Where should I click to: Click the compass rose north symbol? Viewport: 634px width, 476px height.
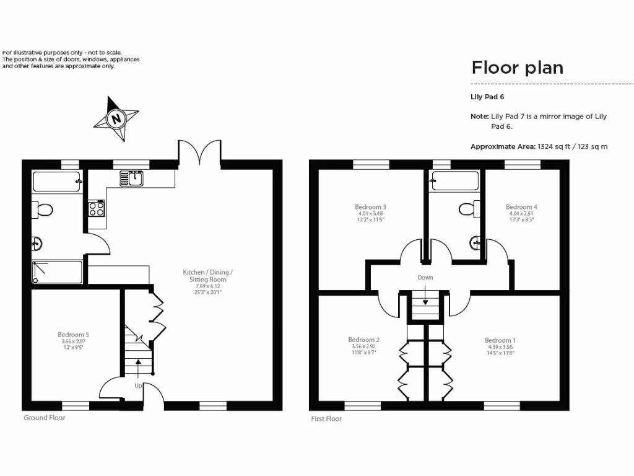click(x=116, y=118)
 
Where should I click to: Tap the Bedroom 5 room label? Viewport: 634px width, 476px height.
click(x=77, y=335)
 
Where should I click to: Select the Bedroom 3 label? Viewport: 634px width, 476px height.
click(x=371, y=207)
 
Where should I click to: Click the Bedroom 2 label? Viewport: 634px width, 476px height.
click(x=363, y=340)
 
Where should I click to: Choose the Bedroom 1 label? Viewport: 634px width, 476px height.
click(x=500, y=340)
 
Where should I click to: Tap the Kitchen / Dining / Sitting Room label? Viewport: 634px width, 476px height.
click(x=208, y=276)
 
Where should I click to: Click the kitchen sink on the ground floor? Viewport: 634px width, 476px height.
click(x=132, y=178)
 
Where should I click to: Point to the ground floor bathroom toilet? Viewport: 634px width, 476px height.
click(x=43, y=211)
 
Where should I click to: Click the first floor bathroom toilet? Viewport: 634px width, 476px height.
click(x=467, y=208)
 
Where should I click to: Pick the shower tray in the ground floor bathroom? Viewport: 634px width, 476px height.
click(x=57, y=271)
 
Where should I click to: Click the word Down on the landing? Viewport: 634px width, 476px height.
click(x=425, y=277)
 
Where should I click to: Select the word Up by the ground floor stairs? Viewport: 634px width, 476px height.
click(x=138, y=386)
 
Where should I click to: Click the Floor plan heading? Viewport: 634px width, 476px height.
click(x=518, y=67)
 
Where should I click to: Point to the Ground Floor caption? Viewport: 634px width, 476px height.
click(x=44, y=418)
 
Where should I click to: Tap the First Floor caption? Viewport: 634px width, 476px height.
click(x=326, y=419)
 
